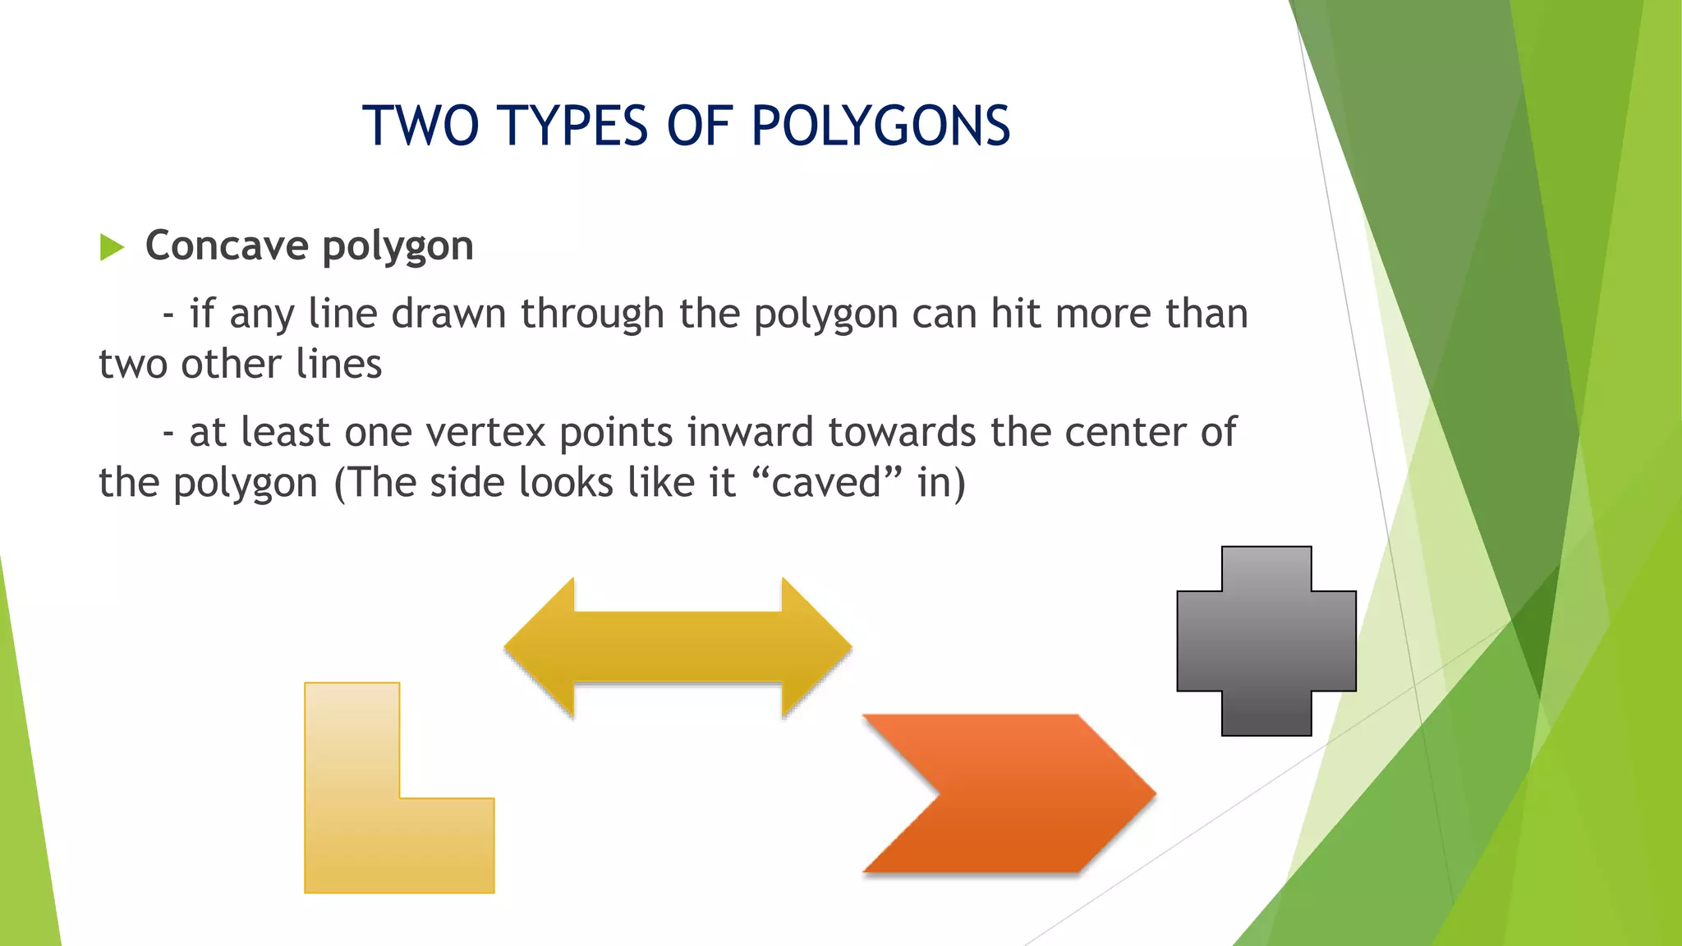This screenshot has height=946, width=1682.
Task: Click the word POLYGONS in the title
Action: tap(880, 126)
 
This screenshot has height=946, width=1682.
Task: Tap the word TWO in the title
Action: tap(420, 126)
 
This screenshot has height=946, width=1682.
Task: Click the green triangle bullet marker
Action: tap(112, 246)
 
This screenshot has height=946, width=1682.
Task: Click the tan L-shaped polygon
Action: tap(353, 805)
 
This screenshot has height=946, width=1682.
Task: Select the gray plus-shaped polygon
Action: tap(1266, 641)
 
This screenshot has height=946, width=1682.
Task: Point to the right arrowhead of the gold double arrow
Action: tap(813, 648)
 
